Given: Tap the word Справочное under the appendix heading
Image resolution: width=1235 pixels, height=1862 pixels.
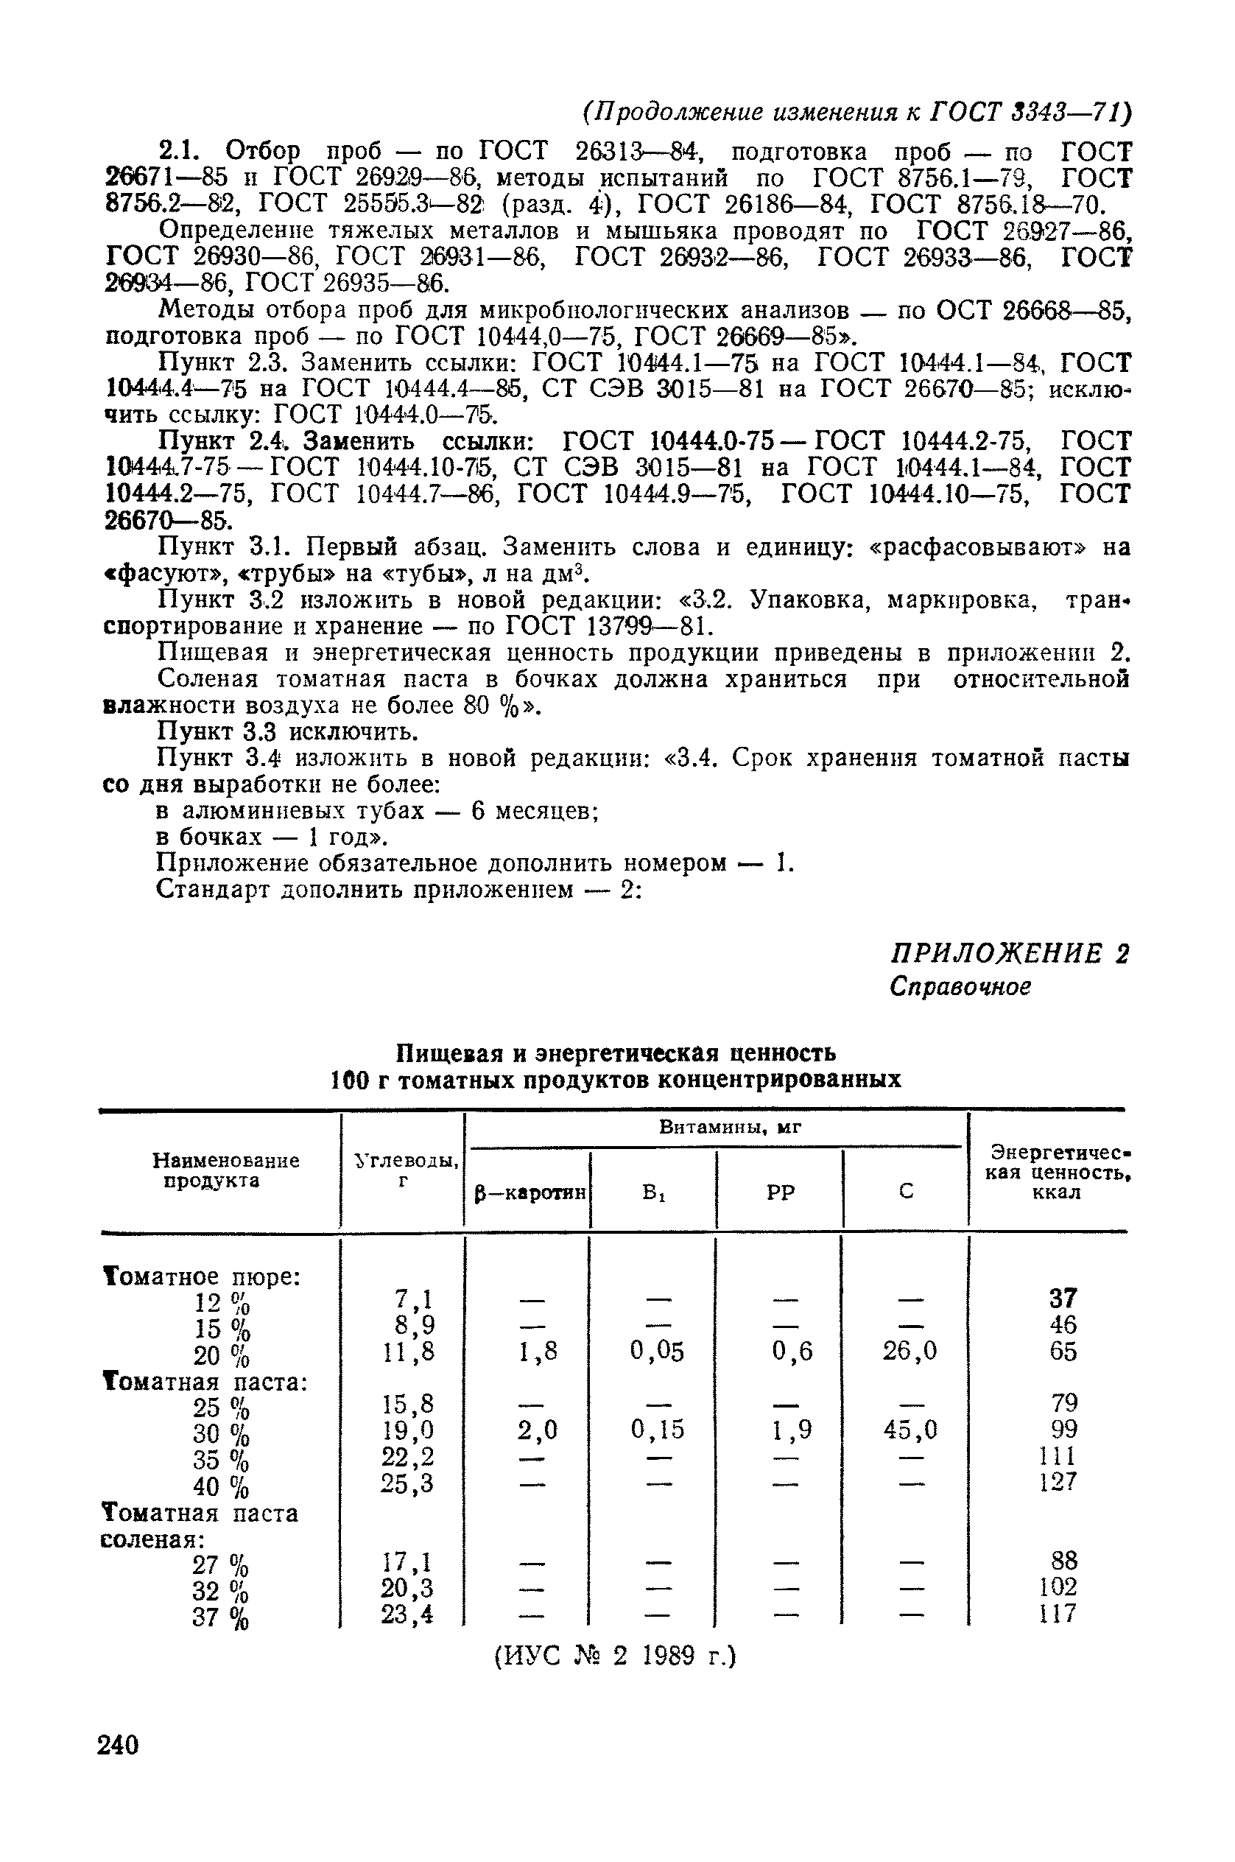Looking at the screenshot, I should point(960,986).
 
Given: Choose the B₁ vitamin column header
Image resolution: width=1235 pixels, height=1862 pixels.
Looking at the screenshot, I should point(654,1192).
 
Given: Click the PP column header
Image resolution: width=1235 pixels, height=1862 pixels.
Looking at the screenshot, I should point(780,1192).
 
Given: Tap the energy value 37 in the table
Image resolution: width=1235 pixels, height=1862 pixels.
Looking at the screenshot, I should point(1063,1298).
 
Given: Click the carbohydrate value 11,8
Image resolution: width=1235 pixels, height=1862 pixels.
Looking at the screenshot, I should point(408,1352).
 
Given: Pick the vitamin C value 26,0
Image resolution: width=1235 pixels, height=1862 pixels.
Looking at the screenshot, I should point(909,1352).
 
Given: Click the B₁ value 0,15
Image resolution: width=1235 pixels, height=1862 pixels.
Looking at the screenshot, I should point(658,1429).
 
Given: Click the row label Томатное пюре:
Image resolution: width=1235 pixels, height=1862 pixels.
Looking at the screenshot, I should point(202,1276).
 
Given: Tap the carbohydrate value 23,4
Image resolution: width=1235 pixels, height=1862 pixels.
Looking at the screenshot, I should point(407,1615).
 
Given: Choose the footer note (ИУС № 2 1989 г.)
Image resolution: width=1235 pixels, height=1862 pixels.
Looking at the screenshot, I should point(614,1657).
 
